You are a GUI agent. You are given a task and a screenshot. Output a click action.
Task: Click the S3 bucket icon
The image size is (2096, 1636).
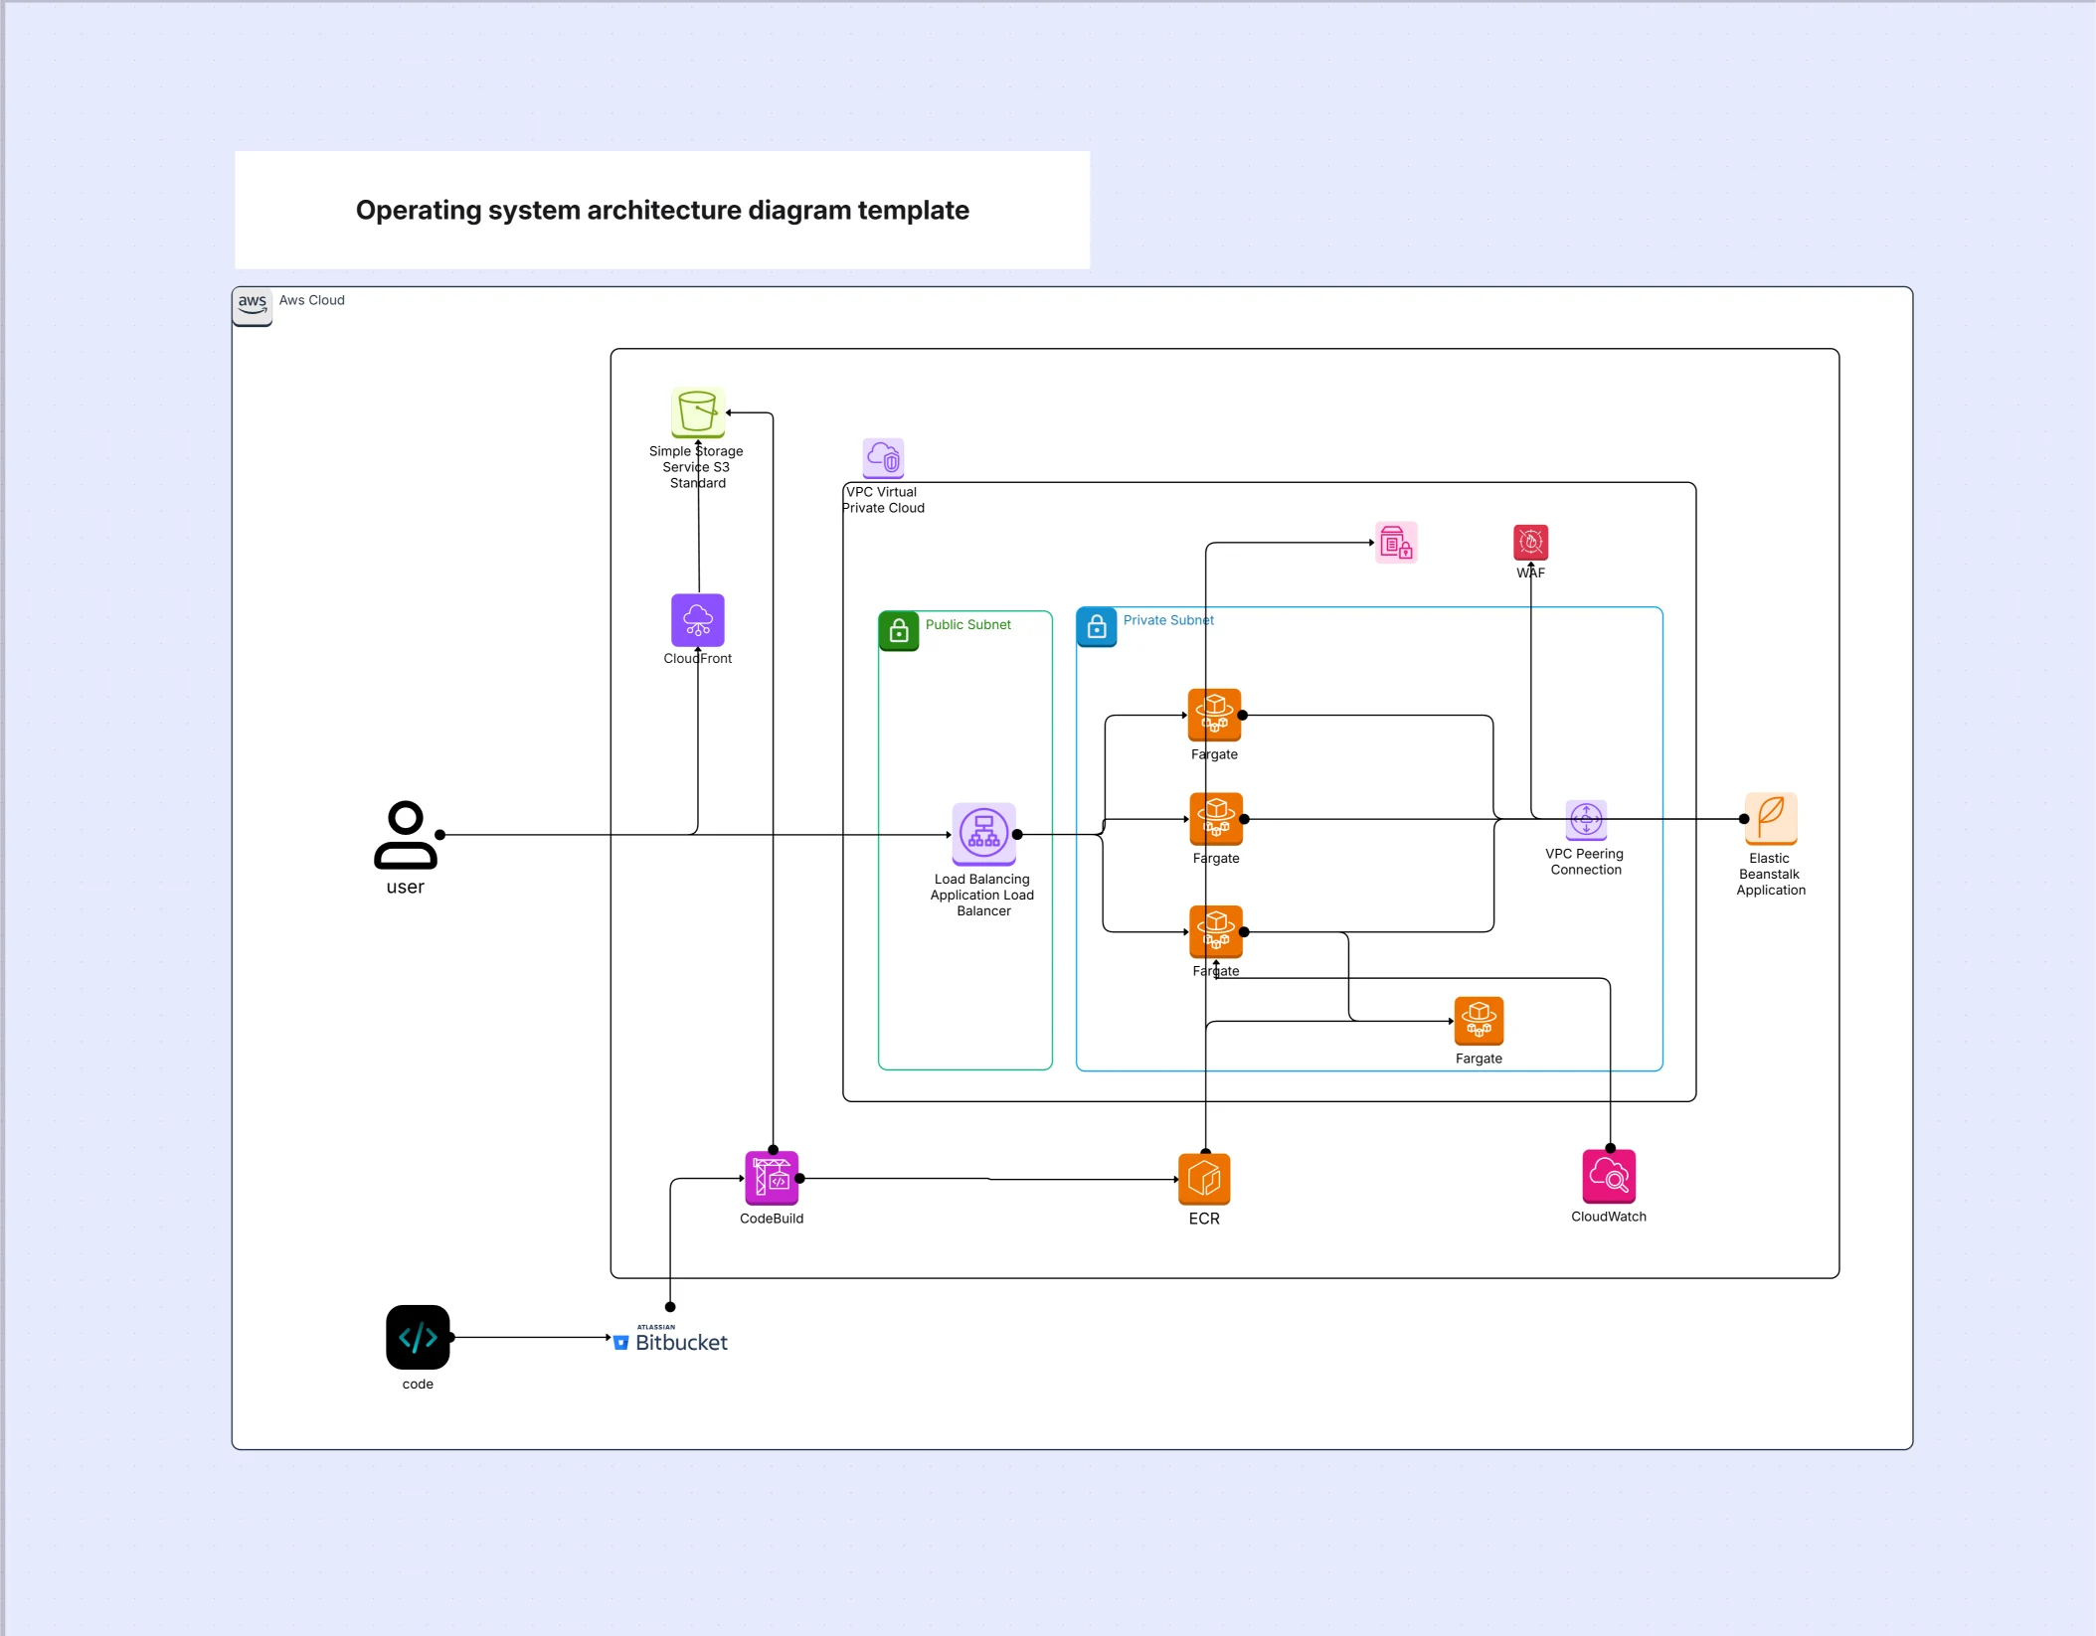coord(697,411)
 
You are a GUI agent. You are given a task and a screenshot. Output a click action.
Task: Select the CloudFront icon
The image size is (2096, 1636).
coord(697,620)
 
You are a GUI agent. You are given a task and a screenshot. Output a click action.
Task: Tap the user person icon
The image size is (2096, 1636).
coord(405,836)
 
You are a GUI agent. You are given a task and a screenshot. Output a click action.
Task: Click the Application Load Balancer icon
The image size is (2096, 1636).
coord(983,834)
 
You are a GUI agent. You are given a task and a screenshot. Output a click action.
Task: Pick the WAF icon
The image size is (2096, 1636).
coord(1530,543)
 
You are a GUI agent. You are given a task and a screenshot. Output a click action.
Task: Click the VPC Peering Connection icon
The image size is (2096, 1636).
coord(1585,820)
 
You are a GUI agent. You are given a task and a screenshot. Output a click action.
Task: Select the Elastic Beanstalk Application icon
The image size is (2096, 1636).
coord(1770,818)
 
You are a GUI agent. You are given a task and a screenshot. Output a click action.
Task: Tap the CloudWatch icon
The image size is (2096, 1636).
coord(1608,1177)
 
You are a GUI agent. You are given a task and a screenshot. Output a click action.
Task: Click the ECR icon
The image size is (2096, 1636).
coord(1203,1180)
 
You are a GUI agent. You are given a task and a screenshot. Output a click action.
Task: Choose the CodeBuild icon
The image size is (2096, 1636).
coord(772,1178)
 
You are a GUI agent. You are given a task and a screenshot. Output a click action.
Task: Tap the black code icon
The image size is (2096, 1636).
coord(418,1337)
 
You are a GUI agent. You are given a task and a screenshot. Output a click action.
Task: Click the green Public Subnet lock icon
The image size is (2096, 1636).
coord(898,630)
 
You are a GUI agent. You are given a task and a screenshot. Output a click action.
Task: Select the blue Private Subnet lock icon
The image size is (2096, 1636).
coord(1096,627)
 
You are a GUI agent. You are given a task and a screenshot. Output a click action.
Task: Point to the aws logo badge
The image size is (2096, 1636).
coord(252,305)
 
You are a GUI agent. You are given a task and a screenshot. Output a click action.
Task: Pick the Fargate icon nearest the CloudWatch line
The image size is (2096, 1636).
coord(1215,931)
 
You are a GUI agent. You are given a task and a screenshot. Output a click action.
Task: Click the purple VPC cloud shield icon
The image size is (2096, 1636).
coord(883,458)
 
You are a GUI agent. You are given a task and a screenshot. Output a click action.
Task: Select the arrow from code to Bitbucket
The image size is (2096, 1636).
coord(532,1337)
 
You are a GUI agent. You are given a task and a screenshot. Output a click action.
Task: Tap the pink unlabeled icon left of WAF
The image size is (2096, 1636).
coord(1396,543)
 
